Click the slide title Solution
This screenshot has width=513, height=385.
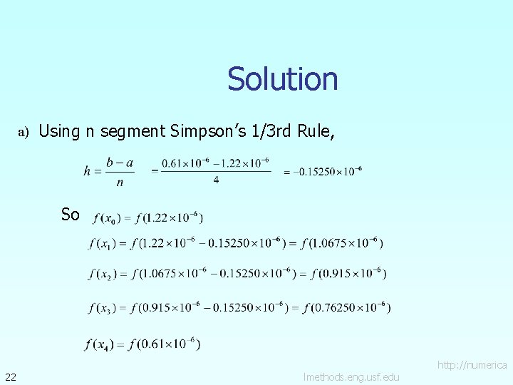[282, 79]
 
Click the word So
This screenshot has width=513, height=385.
[70, 215]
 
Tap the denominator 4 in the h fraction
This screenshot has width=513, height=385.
[215, 180]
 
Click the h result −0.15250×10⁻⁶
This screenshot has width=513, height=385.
[322, 170]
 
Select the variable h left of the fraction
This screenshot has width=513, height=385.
[88, 170]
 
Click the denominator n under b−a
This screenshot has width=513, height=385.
[119, 182]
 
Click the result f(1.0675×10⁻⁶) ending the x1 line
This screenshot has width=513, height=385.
[341, 244]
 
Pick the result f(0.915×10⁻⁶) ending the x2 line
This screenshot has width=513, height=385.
[348, 273]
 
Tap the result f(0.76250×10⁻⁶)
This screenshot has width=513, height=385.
[347, 308]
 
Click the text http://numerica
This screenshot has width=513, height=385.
[472, 365]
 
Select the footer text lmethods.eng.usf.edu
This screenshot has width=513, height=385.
[351, 376]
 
